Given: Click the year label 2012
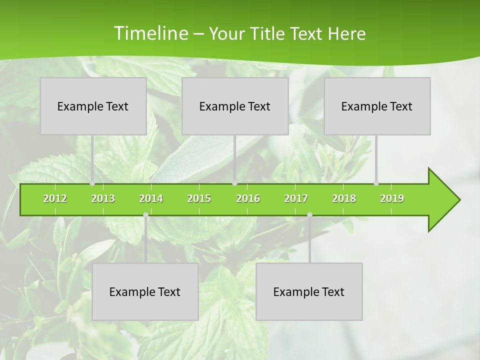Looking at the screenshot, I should [x=55, y=198].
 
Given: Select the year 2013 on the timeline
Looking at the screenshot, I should [x=103, y=198].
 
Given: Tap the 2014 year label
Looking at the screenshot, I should [x=151, y=198].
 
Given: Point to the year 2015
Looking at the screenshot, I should [x=199, y=198].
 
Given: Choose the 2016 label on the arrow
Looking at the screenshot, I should [x=248, y=198].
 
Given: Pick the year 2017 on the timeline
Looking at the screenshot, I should [x=296, y=198].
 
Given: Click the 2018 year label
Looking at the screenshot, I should [x=344, y=198].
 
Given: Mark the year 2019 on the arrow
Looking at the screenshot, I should [x=392, y=198].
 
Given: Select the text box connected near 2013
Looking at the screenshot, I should [x=93, y=106].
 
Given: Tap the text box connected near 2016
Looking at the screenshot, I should [x=235, y=106].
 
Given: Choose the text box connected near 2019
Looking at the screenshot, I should [x=377, y=106].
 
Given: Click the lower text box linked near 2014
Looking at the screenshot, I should [x=145, y=291].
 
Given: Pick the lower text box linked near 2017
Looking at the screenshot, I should [x=309, y=291].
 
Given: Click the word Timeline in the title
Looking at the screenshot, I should [x=149, y=33].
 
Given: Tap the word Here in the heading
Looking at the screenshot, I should [x=346, y=34].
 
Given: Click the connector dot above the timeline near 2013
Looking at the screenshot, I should [x=92, y=183].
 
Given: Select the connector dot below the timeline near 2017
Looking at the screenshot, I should [x=309, y=215].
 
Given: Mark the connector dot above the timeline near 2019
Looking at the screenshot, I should [x=376, y=183].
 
